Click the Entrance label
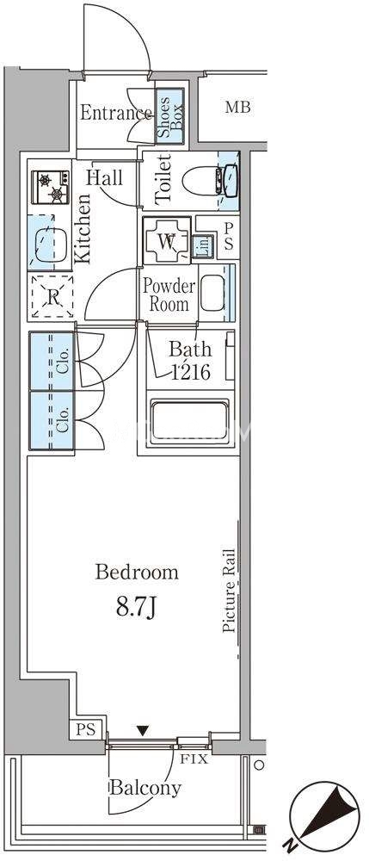[116, 113]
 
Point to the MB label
[237, 107]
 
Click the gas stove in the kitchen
[51, 187]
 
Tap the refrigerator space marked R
[52, 296]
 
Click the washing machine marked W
[167, 240]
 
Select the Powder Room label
[169, 295]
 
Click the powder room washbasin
[212, 294]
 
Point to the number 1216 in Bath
[190, 372]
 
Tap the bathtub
[189, 421]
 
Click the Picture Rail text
[229, 591]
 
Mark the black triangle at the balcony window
[143, 730]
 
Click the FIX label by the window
[194, 760]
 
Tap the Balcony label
[145, 789]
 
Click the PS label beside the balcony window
[85, 730]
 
